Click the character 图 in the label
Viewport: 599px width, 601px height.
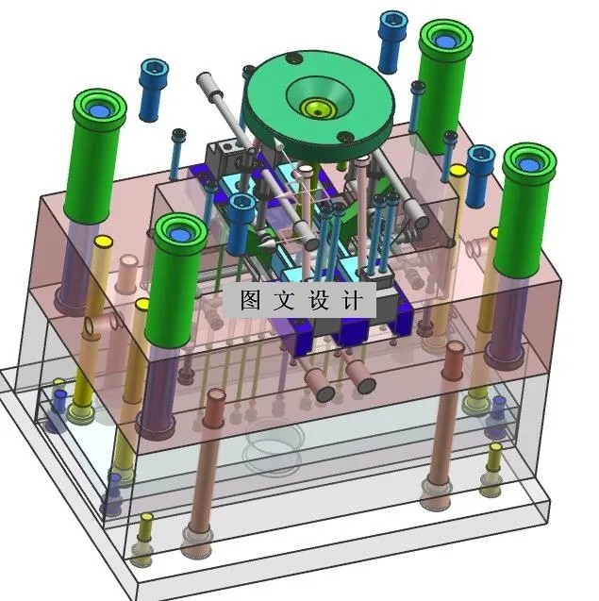[250, 299]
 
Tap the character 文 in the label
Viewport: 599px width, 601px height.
[284, 299]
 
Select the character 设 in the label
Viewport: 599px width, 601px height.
[319, 299]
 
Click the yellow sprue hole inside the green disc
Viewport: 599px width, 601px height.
[318, 109]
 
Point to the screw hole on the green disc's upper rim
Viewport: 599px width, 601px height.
[294, 58]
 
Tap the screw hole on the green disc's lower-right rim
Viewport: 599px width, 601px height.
[345, 136]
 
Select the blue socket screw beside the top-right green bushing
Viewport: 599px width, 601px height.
[392, 42]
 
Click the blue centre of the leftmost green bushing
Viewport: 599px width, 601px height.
[100, 110]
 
